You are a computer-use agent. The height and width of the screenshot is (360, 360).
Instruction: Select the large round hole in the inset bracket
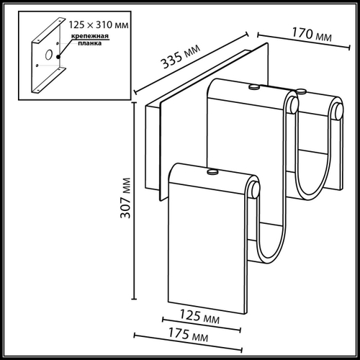click(x=47, y=55)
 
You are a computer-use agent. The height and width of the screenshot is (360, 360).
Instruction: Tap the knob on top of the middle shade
click(x=253, y=86)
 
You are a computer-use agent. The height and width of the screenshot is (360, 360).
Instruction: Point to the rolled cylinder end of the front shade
click(x=253, y=191)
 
